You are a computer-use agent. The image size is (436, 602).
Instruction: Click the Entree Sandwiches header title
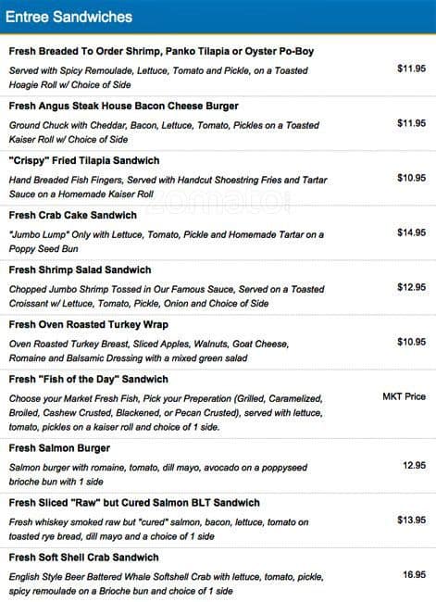[69, 17]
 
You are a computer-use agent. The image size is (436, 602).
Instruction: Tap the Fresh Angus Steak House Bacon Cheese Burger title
[123, 107]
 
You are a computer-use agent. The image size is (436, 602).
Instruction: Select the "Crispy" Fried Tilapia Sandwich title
[84, 161]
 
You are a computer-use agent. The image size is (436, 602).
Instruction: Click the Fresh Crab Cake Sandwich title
[72, 216]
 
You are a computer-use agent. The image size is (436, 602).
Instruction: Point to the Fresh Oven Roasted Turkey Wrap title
[87, 325]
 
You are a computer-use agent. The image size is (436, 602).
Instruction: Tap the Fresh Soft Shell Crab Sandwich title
[90, 558]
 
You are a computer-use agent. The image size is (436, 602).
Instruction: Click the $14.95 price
[411, 232]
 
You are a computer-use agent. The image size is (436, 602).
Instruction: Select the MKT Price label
[404, 396]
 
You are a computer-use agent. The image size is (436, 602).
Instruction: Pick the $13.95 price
[411, 520]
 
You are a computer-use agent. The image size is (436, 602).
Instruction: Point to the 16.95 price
[414, 575]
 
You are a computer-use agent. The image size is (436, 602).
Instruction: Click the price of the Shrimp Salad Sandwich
[411, 287]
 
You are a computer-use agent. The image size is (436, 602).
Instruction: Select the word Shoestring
[245, 180]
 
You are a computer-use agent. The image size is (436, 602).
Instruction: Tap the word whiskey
[57, 521]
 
